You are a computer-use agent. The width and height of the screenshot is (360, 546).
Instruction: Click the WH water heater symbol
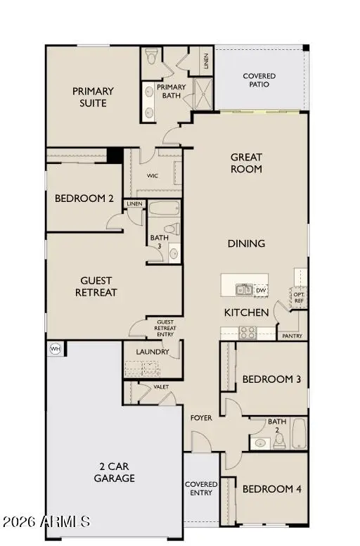[x=55, y=348]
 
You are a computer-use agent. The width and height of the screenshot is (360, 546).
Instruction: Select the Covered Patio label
[x=259, y=80]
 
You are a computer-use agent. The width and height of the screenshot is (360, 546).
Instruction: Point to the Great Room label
[x=246, y=163]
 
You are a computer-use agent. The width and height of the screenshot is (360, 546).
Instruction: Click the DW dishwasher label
[x=261, y=289]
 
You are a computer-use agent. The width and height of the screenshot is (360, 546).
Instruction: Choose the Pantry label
[x=292, y=336]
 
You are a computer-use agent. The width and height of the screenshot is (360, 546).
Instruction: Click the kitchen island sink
[x=243, y=288]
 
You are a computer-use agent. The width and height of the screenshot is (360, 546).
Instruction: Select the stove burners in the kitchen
[x=248, y=333]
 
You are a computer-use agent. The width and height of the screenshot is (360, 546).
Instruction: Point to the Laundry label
[x=152, y=351]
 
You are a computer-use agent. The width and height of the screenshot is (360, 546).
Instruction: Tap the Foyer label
[x=202, y=418]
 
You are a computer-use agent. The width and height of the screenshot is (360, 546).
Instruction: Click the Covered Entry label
[x=201, y=488]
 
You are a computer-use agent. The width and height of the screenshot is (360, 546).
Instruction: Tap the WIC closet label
[x=153, y=176]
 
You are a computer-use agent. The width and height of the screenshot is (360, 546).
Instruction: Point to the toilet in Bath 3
[x=171, y=229]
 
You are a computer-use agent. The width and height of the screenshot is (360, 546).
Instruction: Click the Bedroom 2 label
[x=84, y=198]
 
